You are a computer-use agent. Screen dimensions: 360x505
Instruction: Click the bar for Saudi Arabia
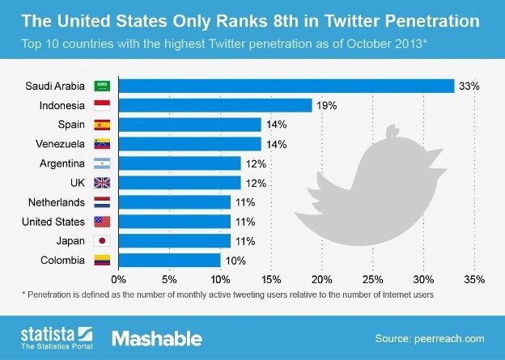tap(286, 86)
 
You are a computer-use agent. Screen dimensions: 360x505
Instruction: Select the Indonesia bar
tap(215, 105)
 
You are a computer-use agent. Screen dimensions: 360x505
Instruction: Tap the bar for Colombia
tap(169, 260)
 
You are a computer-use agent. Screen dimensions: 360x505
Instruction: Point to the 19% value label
tap(325, 105)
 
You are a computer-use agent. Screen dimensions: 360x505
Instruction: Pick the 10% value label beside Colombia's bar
tap(234, 260)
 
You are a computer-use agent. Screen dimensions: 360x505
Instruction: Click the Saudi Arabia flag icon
tap(103, 86)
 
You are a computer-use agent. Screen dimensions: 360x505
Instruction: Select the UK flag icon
tap(103, 183)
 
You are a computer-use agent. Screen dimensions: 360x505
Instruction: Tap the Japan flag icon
tap(103, 241)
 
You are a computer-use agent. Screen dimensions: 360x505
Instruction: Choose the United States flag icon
tap(103, 222)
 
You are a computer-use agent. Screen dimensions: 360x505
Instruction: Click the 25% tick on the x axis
tap(373, 279)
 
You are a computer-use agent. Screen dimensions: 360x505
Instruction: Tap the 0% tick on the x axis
tap(120, 279)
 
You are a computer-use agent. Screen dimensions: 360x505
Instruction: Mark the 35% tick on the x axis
tap(474, 279)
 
